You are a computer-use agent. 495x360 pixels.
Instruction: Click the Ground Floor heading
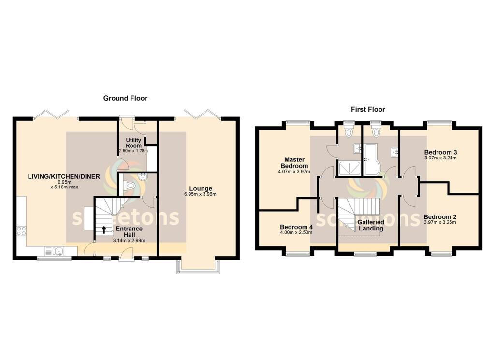click(125, 98)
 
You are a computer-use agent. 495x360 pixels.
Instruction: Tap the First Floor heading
click(368, 110)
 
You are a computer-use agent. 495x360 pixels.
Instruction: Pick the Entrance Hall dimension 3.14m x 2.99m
click(128, 240)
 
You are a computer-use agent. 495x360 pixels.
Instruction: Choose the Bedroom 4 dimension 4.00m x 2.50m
click(296, 233)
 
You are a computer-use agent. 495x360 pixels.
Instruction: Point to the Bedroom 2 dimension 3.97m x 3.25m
click(440, 223)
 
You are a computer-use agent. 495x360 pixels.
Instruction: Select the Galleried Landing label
click(371, 225)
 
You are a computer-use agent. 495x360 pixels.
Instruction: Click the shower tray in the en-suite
click(349, 168)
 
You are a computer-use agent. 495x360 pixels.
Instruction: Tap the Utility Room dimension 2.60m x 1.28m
click(133, 151)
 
